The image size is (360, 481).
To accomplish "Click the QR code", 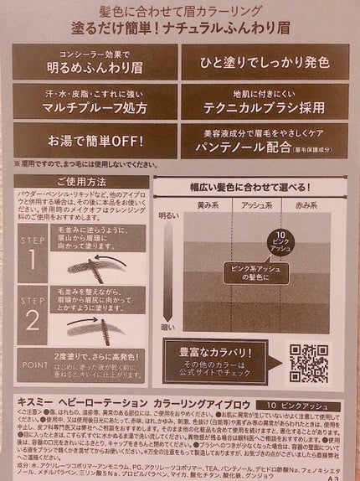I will pyautogui.click(x=308, y=363).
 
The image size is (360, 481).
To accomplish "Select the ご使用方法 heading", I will pyautogui.click(x=81, y=182).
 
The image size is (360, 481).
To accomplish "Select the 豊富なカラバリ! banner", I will pyautogui.click(x=216, y=362).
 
